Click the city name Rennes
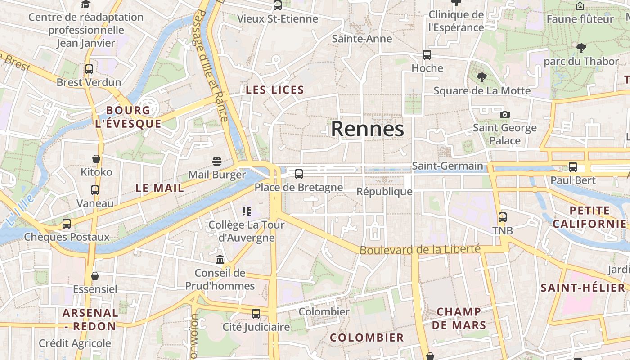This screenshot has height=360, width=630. click(x=367, y=129)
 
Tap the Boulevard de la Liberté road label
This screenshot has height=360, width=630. click(x=420, y=249)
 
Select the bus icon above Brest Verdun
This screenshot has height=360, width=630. click(x=89, y=69)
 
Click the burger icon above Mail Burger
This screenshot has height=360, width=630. click(x=217, y=162)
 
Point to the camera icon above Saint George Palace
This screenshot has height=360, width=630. click(x=505, y=115)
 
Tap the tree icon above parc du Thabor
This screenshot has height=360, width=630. click(x=581, y=48)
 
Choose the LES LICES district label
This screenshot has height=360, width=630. click(x=275, y=90)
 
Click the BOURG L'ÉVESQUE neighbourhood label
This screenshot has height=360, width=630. click(x=128, y=117)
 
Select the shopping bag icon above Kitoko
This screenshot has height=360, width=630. click(x=96, y=159)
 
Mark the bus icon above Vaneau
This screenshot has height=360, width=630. click(x=95, y=190)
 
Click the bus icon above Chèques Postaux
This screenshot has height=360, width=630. click(x=67, y=224)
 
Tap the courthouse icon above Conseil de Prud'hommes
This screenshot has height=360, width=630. click(x=220, y=260)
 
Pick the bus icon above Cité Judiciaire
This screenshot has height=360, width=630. click(x=256, y=314)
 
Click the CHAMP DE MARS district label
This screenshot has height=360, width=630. click(x=459, y=318)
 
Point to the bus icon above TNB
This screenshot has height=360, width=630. click(x=502, y=217)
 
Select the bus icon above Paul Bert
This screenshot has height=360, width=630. click(x=573, y=167)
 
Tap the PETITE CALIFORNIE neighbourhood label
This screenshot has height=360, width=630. click(x=589, y=217)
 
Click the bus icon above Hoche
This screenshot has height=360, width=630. click(x=427, y=55)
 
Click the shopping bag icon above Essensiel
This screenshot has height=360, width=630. click(x=95, y=276)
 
